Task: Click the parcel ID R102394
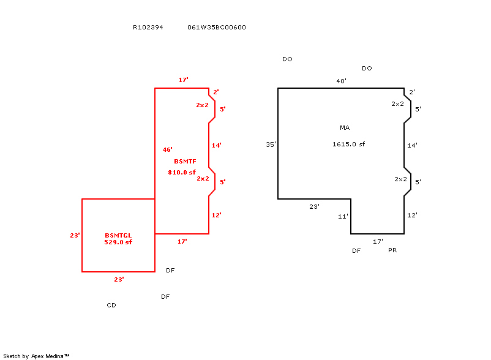(148, 28)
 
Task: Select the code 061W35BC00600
(217, 28)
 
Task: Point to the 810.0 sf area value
(182, 173)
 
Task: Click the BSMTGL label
(118, 235)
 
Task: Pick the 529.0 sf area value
(118, 242)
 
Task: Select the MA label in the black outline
(345, 127)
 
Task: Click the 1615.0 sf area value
(349, 144)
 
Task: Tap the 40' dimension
(341, 81)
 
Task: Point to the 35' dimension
(271, 144)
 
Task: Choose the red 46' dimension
(167, 149)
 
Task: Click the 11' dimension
(343, 217)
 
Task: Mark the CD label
(111, 305)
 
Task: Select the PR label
(393, 250)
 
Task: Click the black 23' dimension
(314, 207)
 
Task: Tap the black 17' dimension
(378, 242)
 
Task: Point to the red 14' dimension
(216, 146)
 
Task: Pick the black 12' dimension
(412, 216)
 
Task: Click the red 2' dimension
(216, 92)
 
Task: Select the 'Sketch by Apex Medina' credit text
(36, 356)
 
